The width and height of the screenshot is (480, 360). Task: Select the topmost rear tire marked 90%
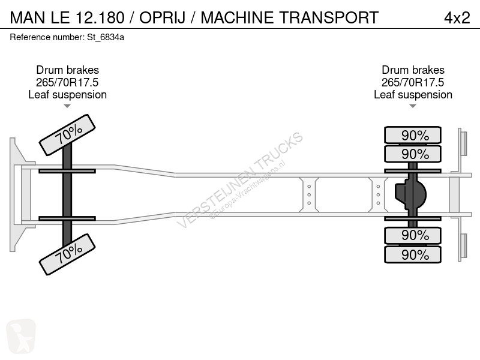[x=412, y=135]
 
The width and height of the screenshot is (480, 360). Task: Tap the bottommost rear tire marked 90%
[x=412, y=254]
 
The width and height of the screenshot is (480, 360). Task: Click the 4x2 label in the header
[x=457, y=17]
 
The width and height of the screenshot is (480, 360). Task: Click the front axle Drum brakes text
[x=67, y=70]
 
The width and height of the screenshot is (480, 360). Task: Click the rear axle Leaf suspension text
[x=413, y=95]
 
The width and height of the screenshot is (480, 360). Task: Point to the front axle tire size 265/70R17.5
[x=67, y=82]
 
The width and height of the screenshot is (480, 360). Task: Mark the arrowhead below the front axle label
[x=67, y=106]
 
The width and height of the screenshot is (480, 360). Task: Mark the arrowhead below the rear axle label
[x=413, y=106]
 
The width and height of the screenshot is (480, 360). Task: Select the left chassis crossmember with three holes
[x=308, y=194]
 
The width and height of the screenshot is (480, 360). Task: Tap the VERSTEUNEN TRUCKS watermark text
[x=240, y=180]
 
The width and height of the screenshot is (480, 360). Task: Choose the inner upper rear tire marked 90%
[x=412, y=154]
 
